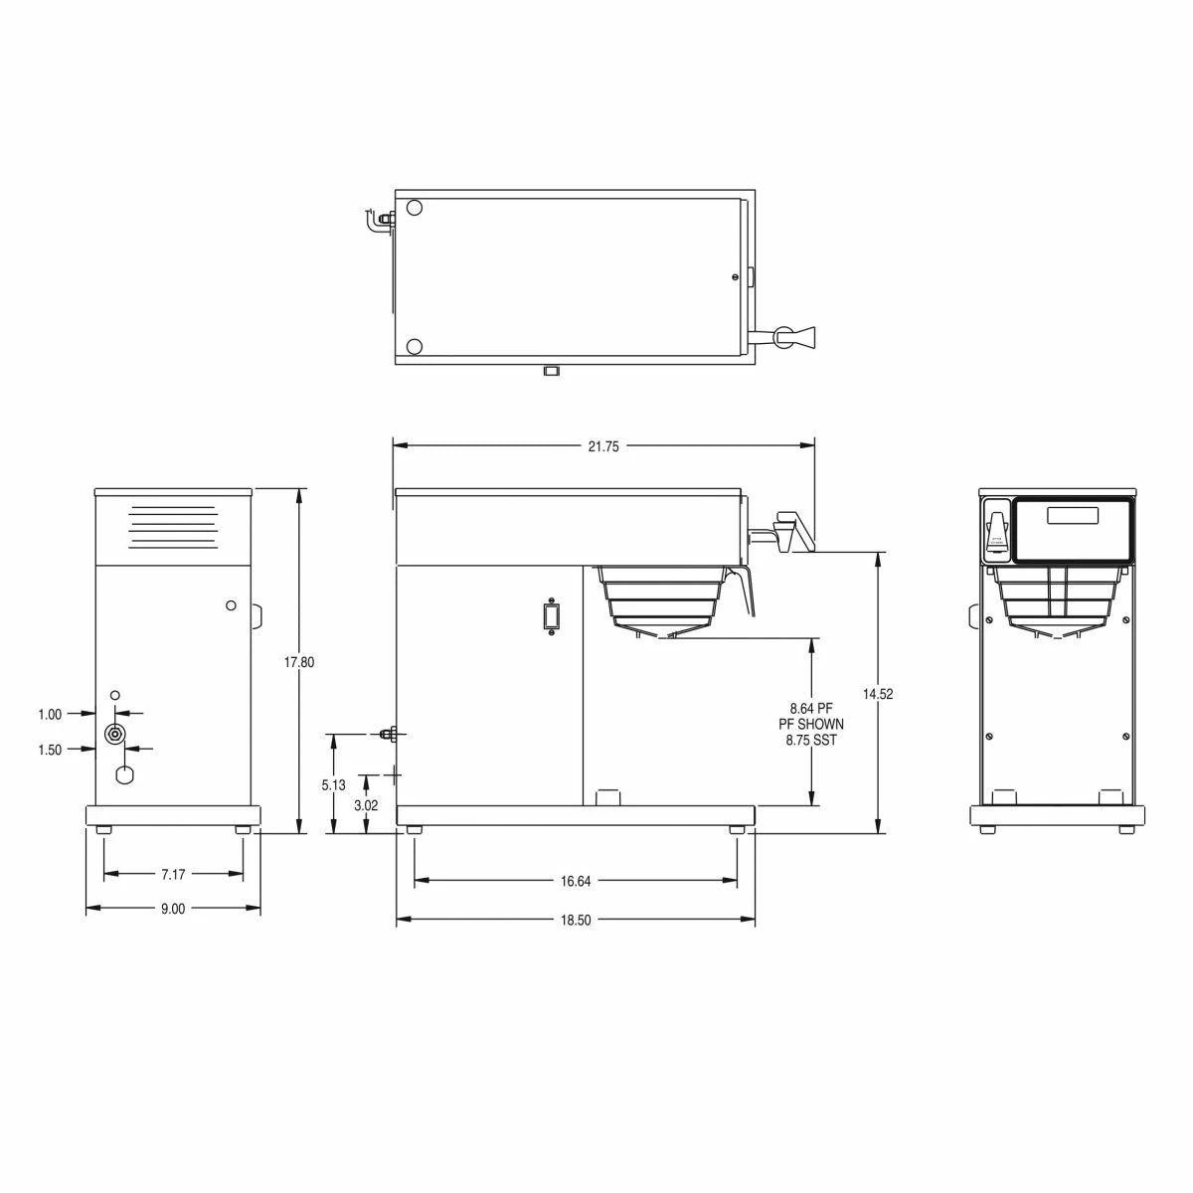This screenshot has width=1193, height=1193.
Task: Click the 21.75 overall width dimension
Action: pos(602,447)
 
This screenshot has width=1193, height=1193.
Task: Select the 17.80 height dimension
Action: pos(299,662)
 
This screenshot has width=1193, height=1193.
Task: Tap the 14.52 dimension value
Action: pos(879,695)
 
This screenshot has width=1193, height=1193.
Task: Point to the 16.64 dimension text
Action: pos(576,881)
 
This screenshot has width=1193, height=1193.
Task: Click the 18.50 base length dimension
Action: pos(576,921)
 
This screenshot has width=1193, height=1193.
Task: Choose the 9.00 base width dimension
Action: pos(173,909)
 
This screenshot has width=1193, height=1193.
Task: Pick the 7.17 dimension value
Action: pos(173,875)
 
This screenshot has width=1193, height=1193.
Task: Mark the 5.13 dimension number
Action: pos(334,785)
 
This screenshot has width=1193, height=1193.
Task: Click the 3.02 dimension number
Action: pos(367,806)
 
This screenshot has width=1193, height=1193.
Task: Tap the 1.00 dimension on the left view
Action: pos(50,714)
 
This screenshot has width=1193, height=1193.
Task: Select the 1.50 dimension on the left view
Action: pos(50,750)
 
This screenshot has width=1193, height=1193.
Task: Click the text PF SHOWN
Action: pos(811,724)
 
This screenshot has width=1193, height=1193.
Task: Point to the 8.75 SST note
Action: pos(811,740)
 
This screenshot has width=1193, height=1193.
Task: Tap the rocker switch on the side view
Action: pos(549,616)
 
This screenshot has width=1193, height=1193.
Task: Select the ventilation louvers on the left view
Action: pos(172,527)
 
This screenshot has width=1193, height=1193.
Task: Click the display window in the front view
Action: pos(1072,516)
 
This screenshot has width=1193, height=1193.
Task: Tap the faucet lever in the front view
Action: pos(995,527)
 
